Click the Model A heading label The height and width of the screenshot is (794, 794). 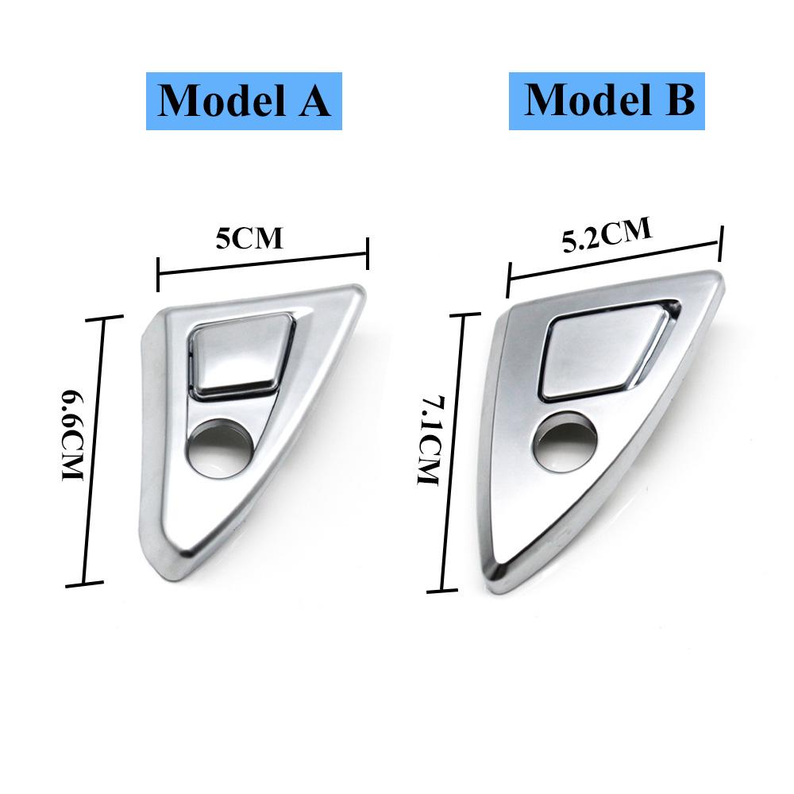(244, 102)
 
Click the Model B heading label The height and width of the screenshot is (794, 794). (607, 102)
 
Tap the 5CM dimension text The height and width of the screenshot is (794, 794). (249, 238)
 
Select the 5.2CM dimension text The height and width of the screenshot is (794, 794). (607, 235)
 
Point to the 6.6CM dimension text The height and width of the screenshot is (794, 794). (72, 435)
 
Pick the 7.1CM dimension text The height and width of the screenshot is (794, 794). (430, 440)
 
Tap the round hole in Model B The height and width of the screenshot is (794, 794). (564, 441)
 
